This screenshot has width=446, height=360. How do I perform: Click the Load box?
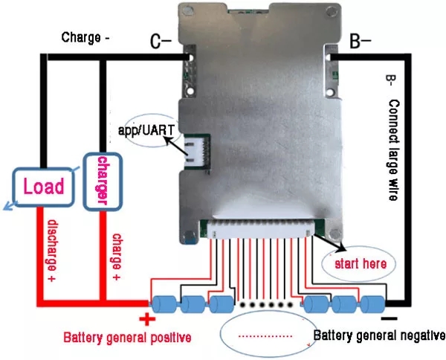pyautogui.click(x=43, y=185)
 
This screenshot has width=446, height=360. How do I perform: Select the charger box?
pyautogui.click(x=101, y=181)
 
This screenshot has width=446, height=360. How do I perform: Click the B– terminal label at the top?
pyautogui.click(x=361, y=42)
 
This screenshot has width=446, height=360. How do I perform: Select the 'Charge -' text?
pyautogui.click(x=86, y=37)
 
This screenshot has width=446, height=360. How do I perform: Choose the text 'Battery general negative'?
pyautogui.click(x=378, y=335)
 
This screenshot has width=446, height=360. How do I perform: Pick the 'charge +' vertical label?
pyautogui.click(x=116, y=257)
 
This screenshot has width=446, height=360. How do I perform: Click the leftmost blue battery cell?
pyautogui.click(x=163, y=304)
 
